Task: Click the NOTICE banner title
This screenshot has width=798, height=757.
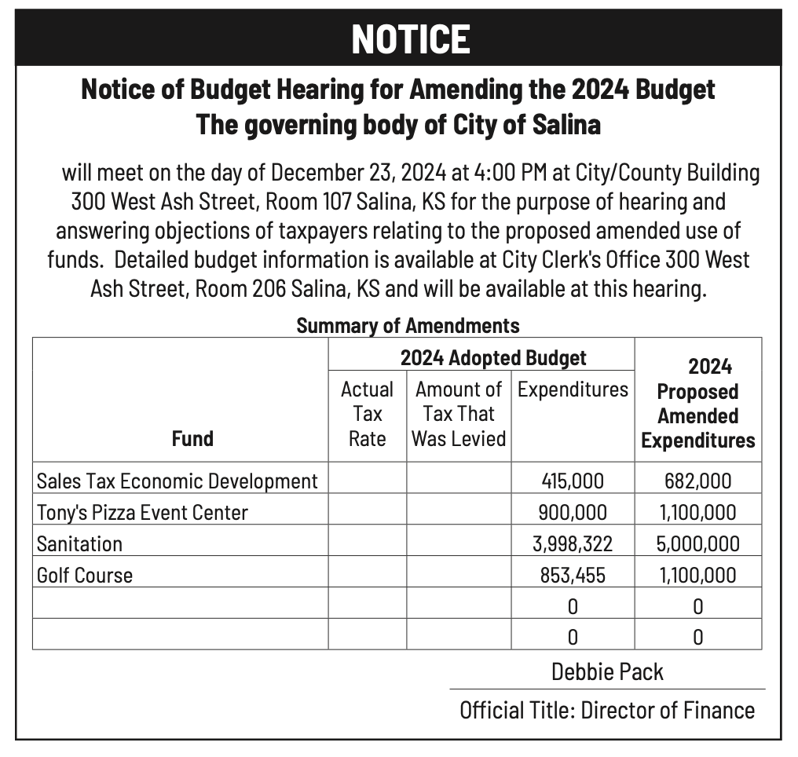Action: (x=411, y=38)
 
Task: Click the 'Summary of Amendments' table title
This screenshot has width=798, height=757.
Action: (x=408, y=324)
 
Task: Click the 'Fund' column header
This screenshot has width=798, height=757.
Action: (x=192, y=437)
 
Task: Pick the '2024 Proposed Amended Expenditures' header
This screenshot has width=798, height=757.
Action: (x=697, y=403)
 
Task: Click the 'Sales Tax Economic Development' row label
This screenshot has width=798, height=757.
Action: (x=178, y=481)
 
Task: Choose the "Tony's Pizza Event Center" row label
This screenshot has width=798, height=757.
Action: (x=142, y=512)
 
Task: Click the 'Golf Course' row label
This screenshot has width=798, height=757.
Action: (x=85, y=575)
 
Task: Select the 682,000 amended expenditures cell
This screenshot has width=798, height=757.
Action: (x=697, y=481)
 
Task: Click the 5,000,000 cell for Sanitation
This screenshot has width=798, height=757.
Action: (x=697, y=543)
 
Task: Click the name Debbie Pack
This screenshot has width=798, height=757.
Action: (x=607, y=671)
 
